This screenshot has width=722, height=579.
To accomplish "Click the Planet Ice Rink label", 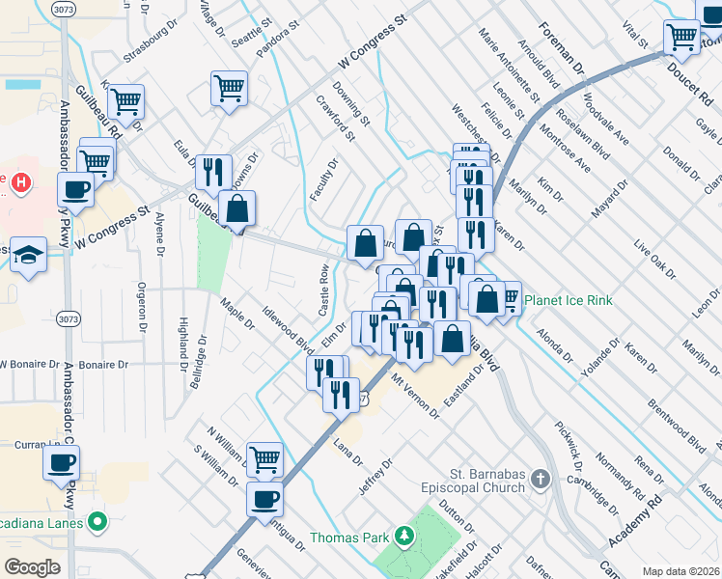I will click(568, 300).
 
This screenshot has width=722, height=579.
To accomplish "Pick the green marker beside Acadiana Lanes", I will click(96, 522).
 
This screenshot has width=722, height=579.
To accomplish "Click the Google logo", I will click(32, 567).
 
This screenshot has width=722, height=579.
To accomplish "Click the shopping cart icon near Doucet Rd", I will click(681, 36).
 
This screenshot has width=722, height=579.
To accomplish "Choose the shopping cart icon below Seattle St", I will click(229, 88).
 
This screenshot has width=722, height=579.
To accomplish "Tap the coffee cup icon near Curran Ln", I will click(62, 461).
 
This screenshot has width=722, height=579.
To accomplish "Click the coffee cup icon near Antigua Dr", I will click(265, 499).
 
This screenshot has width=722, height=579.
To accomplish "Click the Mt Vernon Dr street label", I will click(414, 396).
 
